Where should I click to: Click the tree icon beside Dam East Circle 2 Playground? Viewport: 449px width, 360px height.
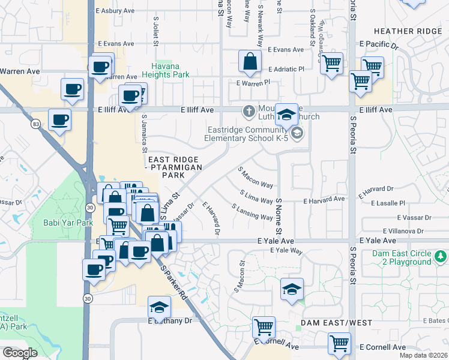click(x=441, y=257)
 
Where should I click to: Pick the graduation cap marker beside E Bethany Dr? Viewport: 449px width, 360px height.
click(x=159, y=307)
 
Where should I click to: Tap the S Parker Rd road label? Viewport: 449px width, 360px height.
click(x=175, y=283)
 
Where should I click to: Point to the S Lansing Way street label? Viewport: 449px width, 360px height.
click(x=252, y=211)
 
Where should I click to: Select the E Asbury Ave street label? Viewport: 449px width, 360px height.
click(x=114, y=11)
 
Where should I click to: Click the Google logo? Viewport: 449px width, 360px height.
click(x=19, y=353)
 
